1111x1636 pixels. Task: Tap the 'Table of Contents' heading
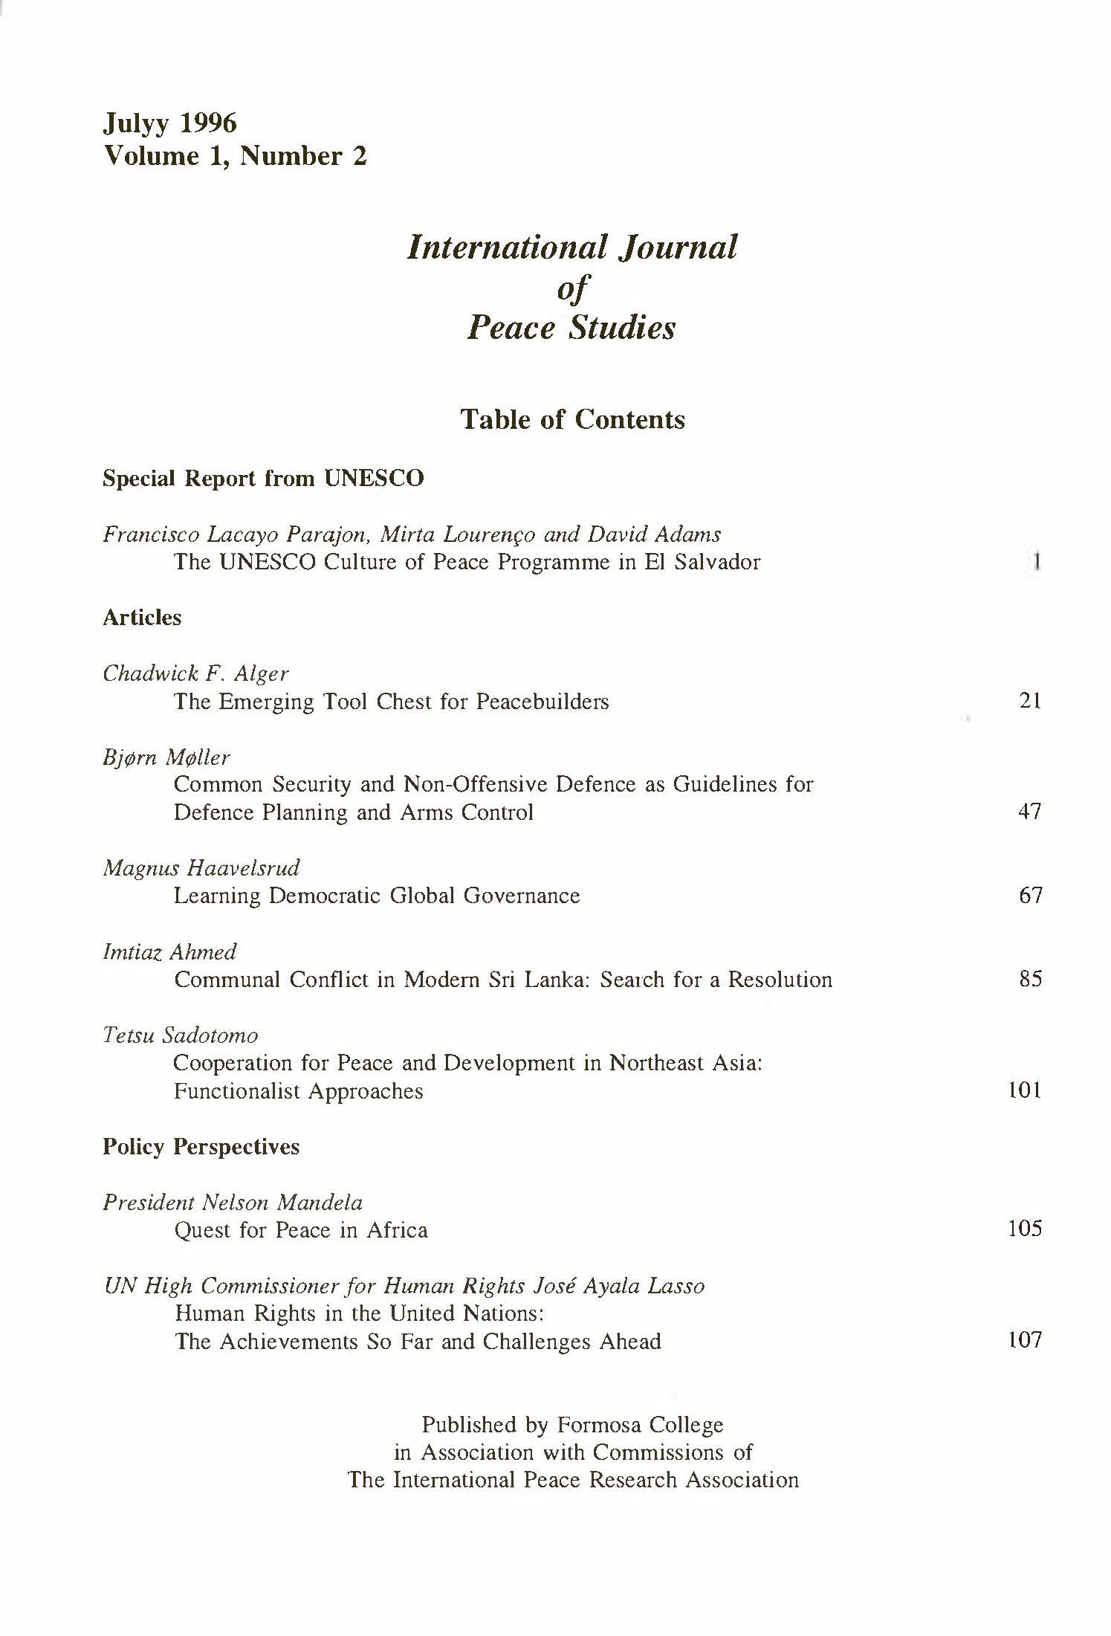pos(572,419)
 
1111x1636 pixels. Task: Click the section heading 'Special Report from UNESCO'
pos(263,478)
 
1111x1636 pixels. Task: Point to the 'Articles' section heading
pos(142,618)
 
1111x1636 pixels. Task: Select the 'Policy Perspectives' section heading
pos(201,1146)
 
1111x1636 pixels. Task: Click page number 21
pos(1030,700)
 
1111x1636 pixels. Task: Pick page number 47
pos(1029,811)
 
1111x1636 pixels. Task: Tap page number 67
pos(1030,895)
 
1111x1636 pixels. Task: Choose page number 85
pos(1030,979)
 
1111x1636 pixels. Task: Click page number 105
pos(1024,1229)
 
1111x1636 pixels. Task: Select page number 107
pos(1024,1340)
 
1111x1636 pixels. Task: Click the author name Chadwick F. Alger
pos(195,673)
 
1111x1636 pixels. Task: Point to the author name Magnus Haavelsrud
pos(201,868)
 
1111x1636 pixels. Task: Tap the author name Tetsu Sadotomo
pos(181,1035)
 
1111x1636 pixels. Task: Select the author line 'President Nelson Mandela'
pos(233,1203)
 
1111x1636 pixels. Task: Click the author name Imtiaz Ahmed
pos(169,952)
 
